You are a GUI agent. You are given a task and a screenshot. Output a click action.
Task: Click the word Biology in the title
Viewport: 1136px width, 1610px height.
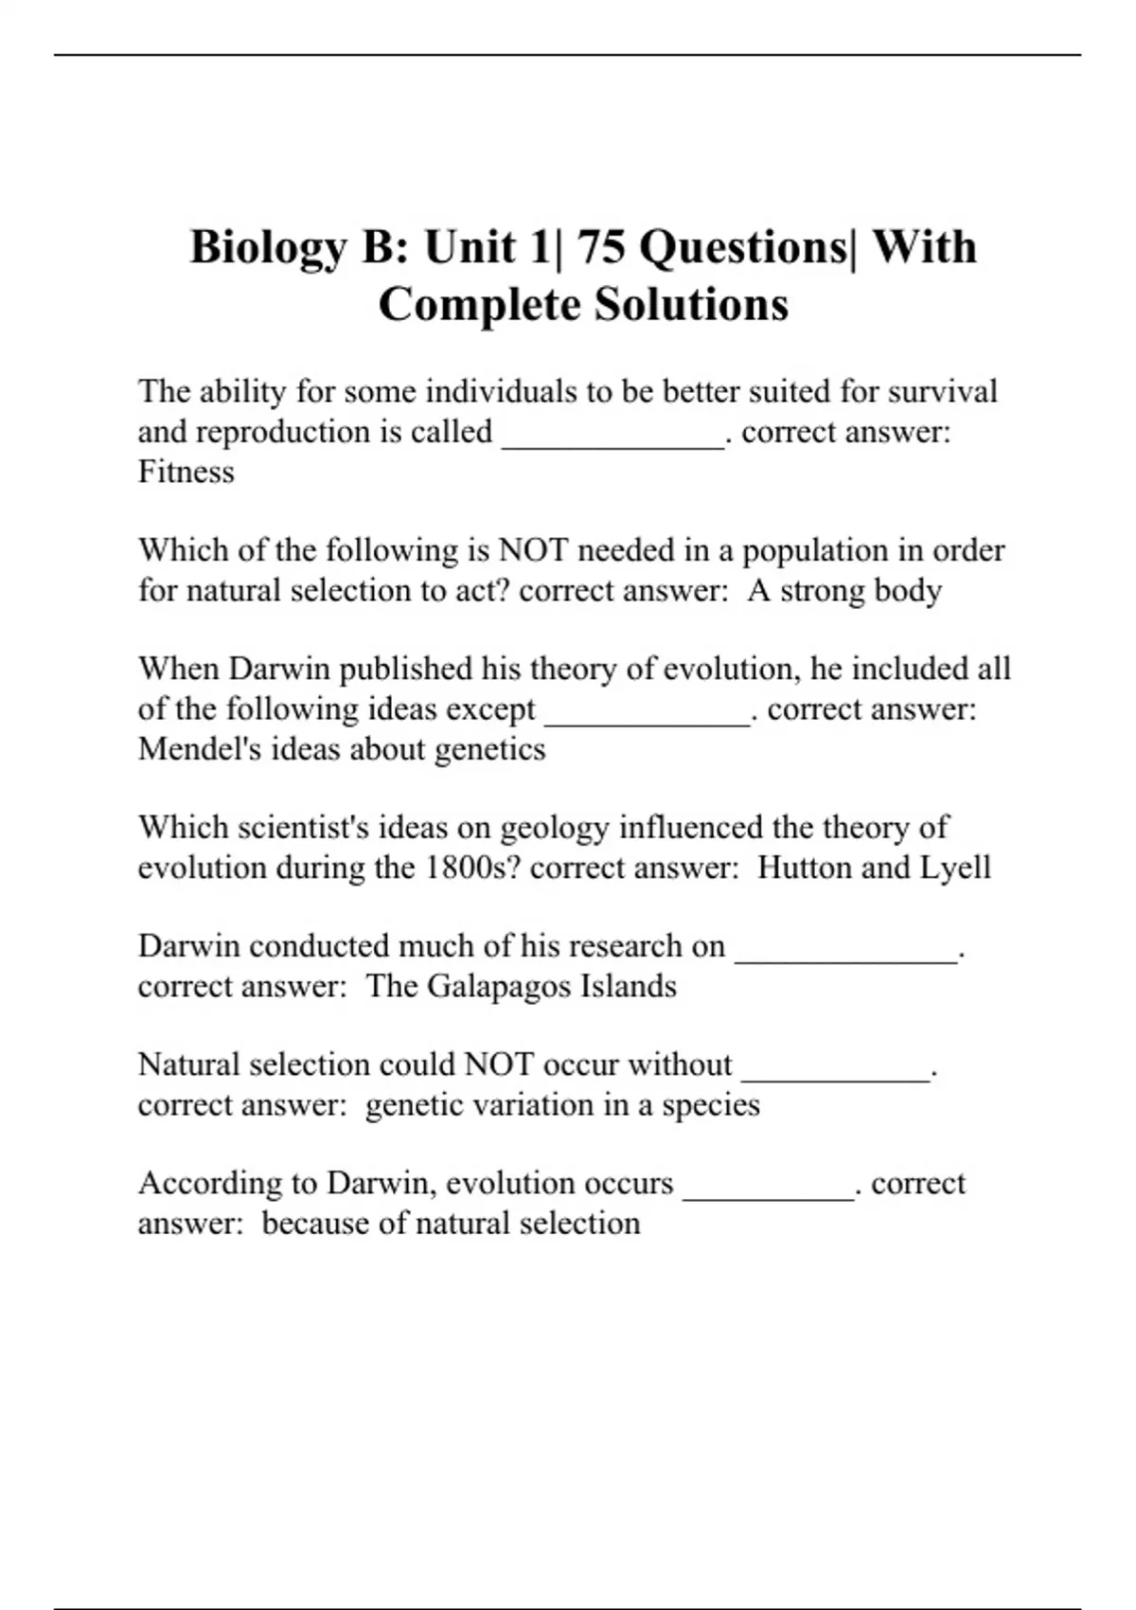[268, 248]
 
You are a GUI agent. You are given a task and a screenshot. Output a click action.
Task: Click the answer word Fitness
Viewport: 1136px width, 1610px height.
[186, 472]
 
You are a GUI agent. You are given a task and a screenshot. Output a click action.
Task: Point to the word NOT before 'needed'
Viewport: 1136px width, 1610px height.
[533, 550]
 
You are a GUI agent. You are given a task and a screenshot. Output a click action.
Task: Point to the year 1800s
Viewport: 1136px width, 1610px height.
[472, 868]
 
